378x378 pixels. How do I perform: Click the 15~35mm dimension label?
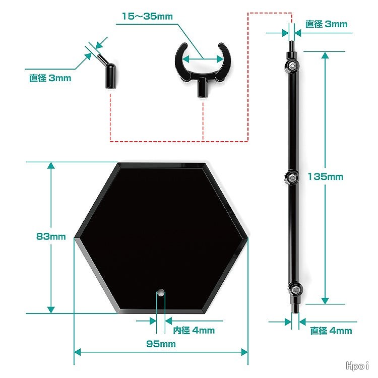(147, 17)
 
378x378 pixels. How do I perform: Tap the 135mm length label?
(325, 177)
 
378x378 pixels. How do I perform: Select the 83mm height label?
(51, 236)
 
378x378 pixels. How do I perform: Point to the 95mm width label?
(161, 344)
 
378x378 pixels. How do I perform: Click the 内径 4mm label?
(194, 330)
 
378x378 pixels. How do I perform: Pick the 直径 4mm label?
(331, 331)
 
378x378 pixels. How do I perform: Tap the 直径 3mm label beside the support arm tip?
(327, 24)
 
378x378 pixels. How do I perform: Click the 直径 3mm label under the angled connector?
(50, 78)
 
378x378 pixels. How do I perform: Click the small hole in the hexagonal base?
(160, 293)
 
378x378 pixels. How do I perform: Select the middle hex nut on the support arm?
(292, 178)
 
